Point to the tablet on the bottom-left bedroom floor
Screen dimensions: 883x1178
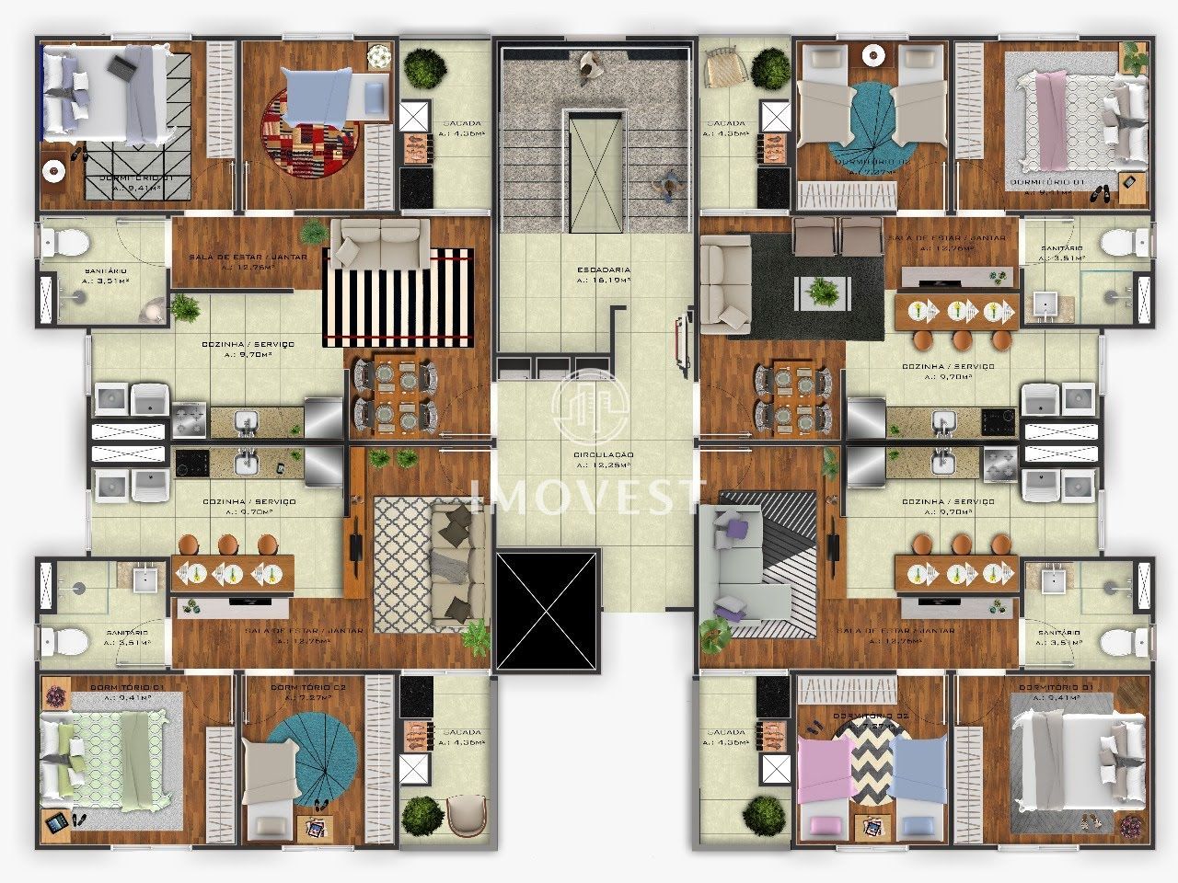click(x=56, y=823)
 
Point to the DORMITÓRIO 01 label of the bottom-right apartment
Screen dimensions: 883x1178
click(x=1054, y=688)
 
